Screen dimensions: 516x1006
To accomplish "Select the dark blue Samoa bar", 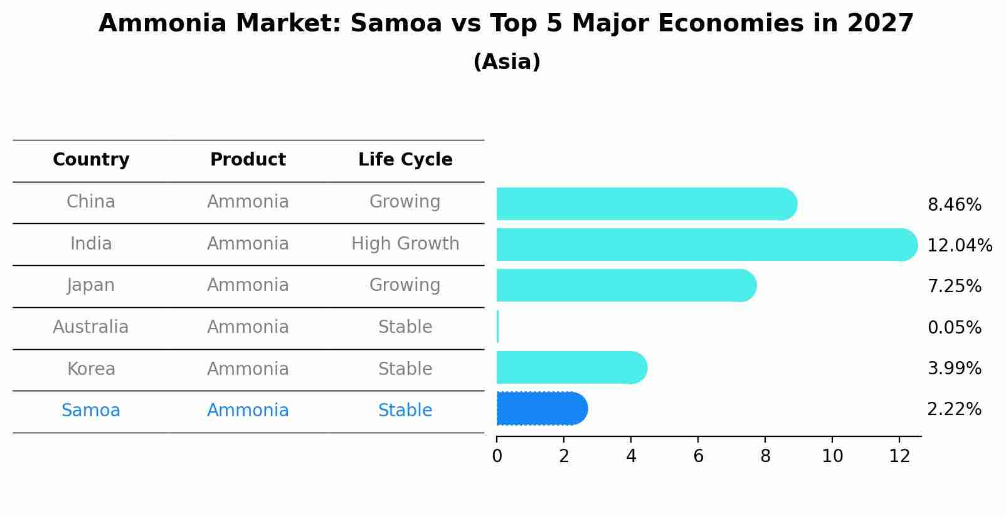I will pyautogui.click(x=541, y=409).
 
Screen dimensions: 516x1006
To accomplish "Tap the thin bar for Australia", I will pyautogui.click(x=497, y=327).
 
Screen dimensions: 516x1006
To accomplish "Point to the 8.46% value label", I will pyautogui.click(x=954, y=205).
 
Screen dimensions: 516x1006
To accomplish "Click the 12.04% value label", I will pyautogui.click(x=959, y=246).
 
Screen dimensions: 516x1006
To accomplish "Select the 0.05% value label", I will pyautogui.click(x=954, y=327).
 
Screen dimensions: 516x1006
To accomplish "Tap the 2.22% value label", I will pyautogui.click(x=954, y=409).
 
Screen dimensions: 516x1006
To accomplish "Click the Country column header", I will pyautogui.click(x=91, y=160).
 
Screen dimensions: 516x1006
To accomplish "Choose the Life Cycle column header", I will pyautogui.click(x=405, y=160).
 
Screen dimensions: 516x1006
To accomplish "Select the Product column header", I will pyautogui.click(x=248, y=160).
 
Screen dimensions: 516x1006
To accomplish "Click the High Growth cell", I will pyautogui.click(x=405, y=244).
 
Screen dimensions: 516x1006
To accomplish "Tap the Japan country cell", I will pyautogui.click(x=91, y=285).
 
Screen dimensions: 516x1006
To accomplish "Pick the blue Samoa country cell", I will pyautogui.click(x=91, y=411).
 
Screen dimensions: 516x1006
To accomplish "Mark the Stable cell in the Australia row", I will pyautogui.click(x=405, y=327).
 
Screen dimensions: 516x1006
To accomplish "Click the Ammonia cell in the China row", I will pyautogui.click(x=248, y=202).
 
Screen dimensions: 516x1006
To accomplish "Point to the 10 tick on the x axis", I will pyautogui.click(x=832, y=456).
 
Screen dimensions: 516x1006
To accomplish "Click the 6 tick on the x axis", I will pyautogui.click(x=698, y=456).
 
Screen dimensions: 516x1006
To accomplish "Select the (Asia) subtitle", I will pyautogui.click(x=507, y=62).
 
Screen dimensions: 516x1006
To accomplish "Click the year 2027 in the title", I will pyautogui.click(x=881, y=24).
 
